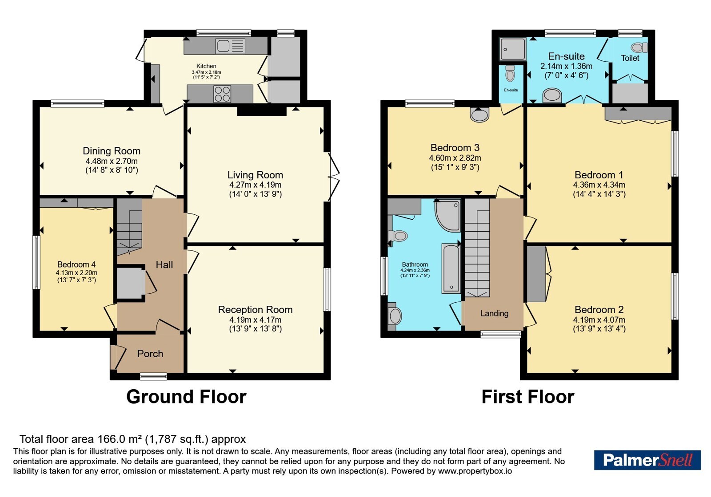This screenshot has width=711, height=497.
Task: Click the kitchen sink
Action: [x=230, y=46]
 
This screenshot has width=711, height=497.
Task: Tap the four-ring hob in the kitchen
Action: [x=222, y=94]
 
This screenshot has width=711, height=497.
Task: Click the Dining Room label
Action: [x=112, y=151]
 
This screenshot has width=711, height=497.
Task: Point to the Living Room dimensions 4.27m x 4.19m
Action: [x=255, y=185]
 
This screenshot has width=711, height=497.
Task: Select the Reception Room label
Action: [x=255, y=310]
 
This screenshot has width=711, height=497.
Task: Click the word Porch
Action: [x=150, y=354]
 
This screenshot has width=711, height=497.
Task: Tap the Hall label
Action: [x=164, y=264]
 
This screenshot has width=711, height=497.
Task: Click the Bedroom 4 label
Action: [x=76, y=264]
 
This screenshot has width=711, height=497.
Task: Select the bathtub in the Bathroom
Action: [x=451, y=268]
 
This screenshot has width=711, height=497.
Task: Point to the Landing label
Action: [x=494, y=313]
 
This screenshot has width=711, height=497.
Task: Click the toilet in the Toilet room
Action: [x=639, y=47]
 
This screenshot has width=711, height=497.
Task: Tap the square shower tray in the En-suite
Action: [x=512, y=49]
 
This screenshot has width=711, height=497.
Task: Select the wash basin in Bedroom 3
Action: [x=479, y=114]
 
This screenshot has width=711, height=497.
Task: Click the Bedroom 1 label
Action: [x=599, y=175]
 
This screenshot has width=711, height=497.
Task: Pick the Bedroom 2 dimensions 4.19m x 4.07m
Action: [x=599, y=320]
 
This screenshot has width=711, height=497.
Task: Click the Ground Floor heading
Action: [x=186, y=397]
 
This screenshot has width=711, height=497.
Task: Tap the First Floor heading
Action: [x=528, y=397]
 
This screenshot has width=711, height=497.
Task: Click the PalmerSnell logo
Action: [x=647, y=460]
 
